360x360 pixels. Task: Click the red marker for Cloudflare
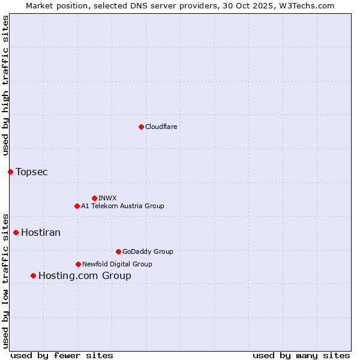coord(141,127)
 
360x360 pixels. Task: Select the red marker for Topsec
coord(10,172)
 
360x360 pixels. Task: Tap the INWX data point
coord(94,198)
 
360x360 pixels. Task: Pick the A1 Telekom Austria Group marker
coord(77,206)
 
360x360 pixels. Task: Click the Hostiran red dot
coord(16,232)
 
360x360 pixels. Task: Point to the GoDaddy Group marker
coord(118,251)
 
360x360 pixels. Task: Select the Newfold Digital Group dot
coord(78,264)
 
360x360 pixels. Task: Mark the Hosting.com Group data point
coord(33,275)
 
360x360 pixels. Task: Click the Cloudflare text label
coord(161,127)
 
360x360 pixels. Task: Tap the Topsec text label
coord(32,172)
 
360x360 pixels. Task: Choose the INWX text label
coord(107,198)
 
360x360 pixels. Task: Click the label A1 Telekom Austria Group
coord(122,206)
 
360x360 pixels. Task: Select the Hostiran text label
coord(41,232)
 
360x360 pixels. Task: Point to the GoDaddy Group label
coord(148,251)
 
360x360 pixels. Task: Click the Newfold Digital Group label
coord(117,264)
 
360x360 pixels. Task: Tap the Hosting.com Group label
coord(85,276)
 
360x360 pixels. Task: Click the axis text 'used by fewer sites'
coord(62,355)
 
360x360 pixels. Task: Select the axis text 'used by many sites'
coord(301,355)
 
